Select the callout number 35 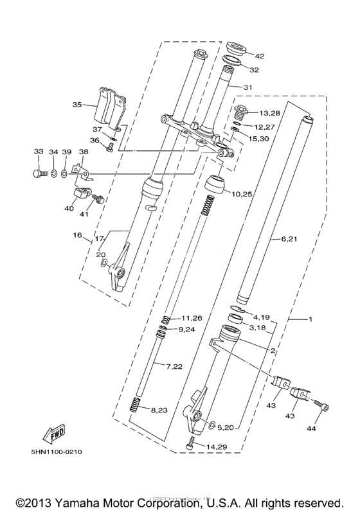tap(77, 104)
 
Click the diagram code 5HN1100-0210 tap(56, 452)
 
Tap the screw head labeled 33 tap(37, 172)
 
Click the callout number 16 tap(77, 236)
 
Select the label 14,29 tap(217, 446)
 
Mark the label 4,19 tap(262, 317)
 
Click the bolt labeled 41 tap(98, 199)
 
